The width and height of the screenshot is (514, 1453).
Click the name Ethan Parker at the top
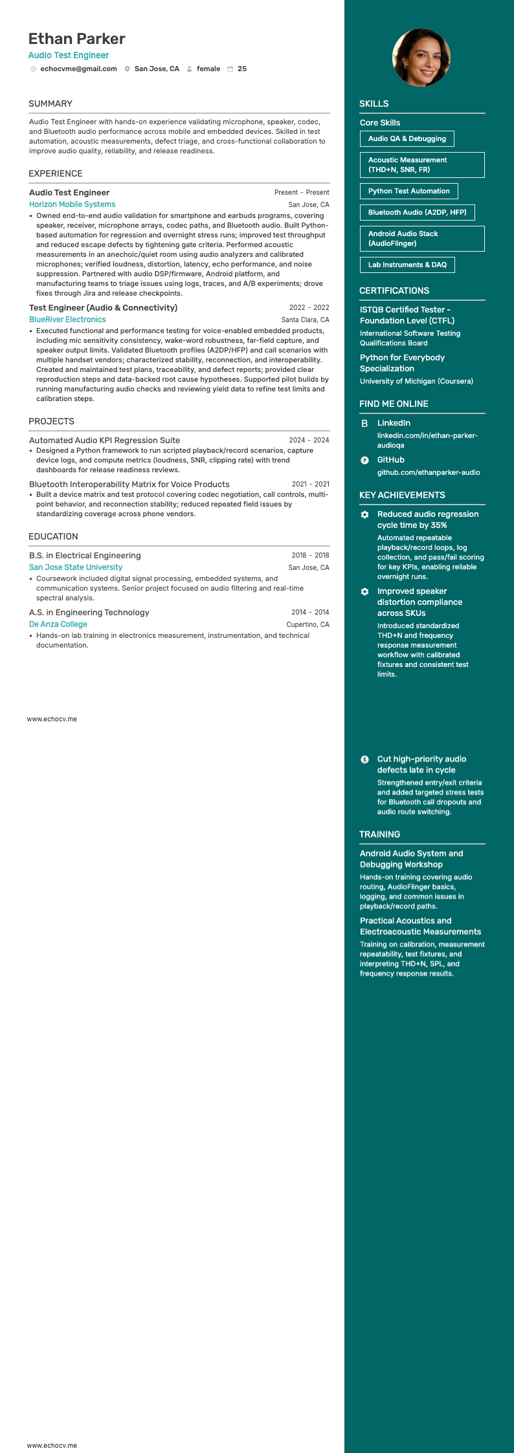(x=76, y=39)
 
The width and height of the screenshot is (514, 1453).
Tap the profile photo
(x=421, y=58)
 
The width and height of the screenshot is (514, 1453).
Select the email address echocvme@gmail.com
(x=78, y=69)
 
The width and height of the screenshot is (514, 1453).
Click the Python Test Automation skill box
(x=408, y=191)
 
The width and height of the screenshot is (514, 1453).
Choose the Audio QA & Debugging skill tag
(x=407, y=138)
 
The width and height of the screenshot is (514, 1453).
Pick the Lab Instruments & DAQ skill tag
(x=407, y=265)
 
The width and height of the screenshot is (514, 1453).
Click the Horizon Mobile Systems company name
(x=72, y=204)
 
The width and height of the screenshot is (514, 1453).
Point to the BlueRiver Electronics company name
(x=67, y=320)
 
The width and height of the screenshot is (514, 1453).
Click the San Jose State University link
(x=76, y=567)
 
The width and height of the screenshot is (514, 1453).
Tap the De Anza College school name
(x=58, y=624)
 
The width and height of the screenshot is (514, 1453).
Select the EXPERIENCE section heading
(x=56, y=173)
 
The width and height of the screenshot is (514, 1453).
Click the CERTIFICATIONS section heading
(x=394, y=290)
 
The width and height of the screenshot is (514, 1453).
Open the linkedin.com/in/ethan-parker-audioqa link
(x=427, y=440)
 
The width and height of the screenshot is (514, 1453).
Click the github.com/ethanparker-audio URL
(x=429, y=472)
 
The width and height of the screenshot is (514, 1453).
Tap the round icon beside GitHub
(x=364, y=460)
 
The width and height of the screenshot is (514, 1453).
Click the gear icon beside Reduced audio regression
(x=364, y=514)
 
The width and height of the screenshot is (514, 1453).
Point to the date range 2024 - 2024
(x=309, y=440)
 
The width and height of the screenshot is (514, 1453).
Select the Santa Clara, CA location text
(x=305, y=320)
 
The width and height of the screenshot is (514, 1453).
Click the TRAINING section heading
(x=379, y=834)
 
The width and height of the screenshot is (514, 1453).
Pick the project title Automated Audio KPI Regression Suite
(x=104, y=440)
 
